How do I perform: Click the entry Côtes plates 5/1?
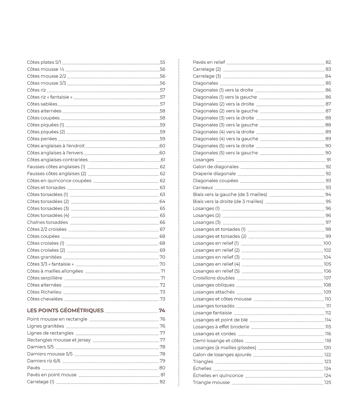pos(44,62)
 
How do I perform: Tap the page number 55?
pos(163,62)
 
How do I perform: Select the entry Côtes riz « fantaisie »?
pos(50,97)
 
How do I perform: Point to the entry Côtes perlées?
pos(42,139)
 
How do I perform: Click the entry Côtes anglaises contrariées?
pos(57,160)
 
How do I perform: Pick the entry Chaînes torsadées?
pos(47,222)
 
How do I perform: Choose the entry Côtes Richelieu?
pos(44,292)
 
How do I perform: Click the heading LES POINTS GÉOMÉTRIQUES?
pos(65,310)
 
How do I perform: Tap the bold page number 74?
pos(162,310)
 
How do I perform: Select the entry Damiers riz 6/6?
pos(44,361)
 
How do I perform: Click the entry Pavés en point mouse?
pos(52,375)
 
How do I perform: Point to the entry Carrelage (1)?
pos(41,382)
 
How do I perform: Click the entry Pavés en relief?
pos(209,62)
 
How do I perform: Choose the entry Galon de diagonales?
pos(216,167)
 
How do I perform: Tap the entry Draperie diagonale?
pos(214,174)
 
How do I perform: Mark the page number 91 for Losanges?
pos(329,160)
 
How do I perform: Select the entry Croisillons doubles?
pos(214,278)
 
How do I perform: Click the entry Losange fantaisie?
pos(212,313)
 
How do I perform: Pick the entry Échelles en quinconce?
pos(218,376)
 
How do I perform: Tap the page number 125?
pos(328,383)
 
